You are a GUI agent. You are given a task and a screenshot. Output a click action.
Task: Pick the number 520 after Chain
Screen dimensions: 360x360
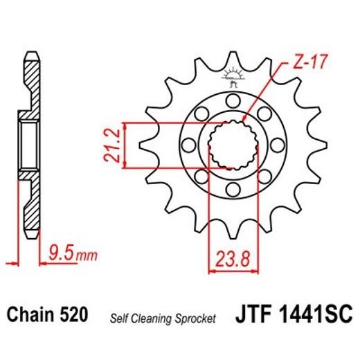[x=74, y=316]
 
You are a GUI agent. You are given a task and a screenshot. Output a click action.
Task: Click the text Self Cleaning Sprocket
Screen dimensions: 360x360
[x=163, y=318]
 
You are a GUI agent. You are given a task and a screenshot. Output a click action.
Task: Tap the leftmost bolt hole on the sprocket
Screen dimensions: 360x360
[x=189, y=144]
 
